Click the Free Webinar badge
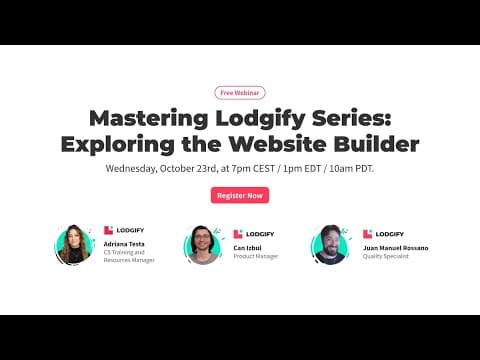(x=240, y=92)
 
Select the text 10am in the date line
(x=344, y=169)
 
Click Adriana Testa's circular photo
(x=74, y=244)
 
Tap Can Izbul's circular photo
(x=202, y=245)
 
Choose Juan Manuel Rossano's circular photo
(x=331, y=245)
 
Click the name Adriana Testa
(x=125, y=244)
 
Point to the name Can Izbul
(x=249, y=247)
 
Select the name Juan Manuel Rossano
(x=396, y=247)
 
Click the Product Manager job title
(x=256, y=257)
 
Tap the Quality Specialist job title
(x=386, y=257)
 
